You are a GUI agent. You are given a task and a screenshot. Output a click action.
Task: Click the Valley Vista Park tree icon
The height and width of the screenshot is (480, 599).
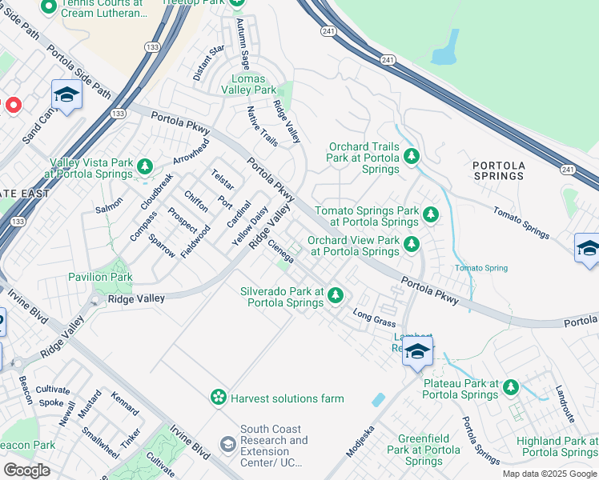(145, 166)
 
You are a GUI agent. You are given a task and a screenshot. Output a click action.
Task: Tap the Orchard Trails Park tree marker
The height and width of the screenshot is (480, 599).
(412, 155)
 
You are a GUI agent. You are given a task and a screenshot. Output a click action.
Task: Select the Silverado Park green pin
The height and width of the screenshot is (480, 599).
(336, 296)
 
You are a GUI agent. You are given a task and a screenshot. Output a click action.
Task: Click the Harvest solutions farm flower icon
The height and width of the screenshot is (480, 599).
(218, 398)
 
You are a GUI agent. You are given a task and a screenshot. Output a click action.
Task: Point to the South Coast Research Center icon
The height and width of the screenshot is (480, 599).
(228, 444)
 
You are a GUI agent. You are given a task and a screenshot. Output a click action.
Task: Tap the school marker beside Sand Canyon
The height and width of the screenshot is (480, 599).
(66, 95)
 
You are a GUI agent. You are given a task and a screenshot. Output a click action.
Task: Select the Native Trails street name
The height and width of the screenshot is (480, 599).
(262, 126)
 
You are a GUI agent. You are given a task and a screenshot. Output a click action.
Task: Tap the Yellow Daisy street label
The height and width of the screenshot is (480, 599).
(247, 225)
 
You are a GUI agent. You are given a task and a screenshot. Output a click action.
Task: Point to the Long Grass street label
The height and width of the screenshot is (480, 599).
(374, 318)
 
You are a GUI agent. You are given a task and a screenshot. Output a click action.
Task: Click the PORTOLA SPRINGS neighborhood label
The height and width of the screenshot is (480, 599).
(499, 170)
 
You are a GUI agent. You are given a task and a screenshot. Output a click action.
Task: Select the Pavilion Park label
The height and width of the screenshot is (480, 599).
(100, 277)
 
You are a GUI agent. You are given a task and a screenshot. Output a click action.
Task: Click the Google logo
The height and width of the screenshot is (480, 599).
(26, 470)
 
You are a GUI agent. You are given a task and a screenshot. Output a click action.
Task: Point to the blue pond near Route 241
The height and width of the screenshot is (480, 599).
(444, 54)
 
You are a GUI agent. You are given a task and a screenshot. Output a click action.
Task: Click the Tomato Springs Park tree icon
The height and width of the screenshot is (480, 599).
(431, 214)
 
